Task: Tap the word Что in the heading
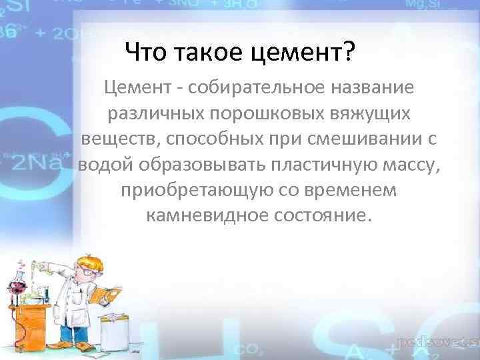(143, 50)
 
